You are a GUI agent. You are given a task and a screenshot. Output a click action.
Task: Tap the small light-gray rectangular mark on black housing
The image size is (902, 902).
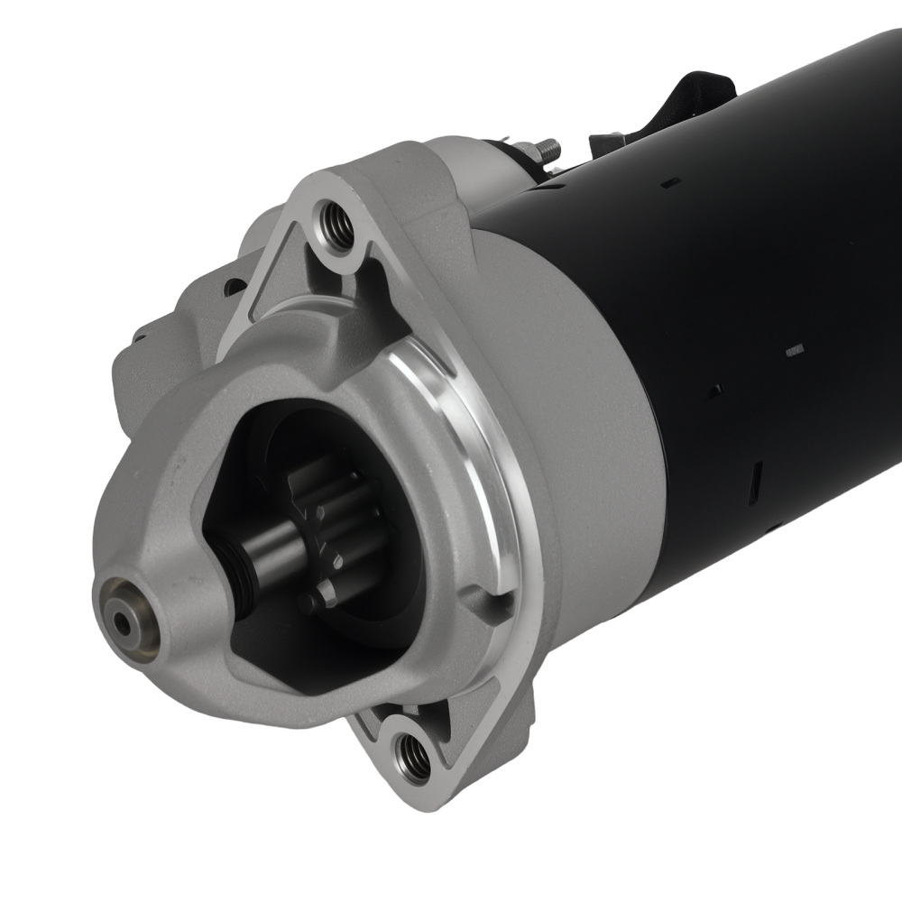point(795,349)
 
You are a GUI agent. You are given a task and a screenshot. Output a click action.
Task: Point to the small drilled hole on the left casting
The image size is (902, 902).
point(233,287)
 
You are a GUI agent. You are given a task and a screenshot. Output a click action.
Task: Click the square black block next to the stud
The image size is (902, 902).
point(606,144)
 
